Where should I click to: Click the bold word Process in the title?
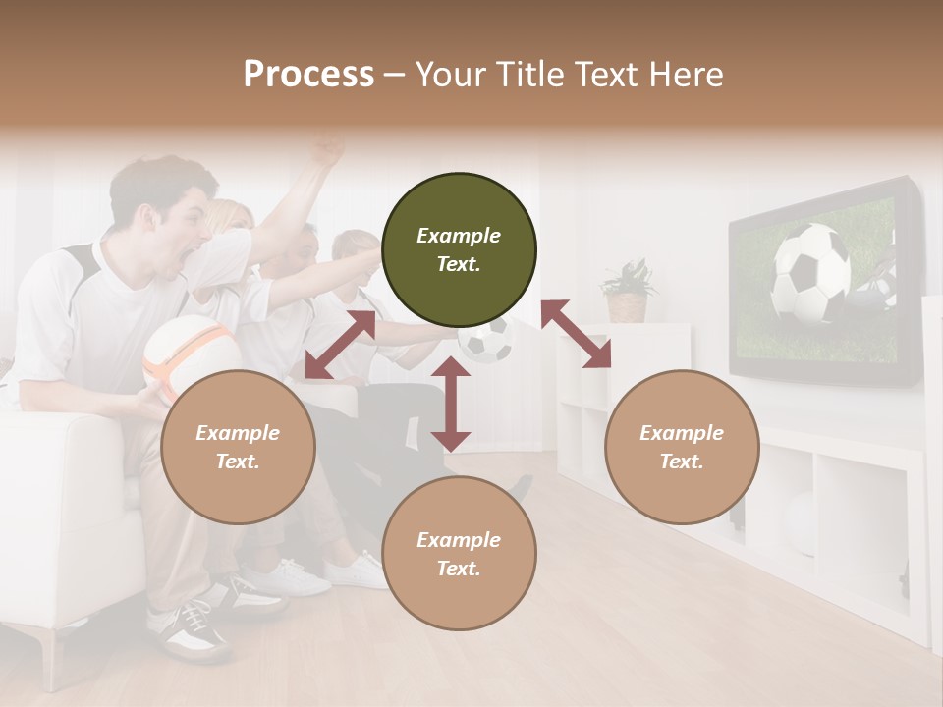coord(308,74)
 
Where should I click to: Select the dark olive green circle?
coord(459,250)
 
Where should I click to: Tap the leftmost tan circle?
coord(238,447)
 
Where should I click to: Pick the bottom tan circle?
coord(459,554)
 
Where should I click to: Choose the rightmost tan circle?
coord(682,447)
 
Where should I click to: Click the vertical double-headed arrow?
coord(451,404)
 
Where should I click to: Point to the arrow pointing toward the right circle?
coord(576,334)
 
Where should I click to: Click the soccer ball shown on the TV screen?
coord(810,273)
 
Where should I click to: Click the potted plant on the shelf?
coord(629,291)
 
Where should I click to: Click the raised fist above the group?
coord(327,148)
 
